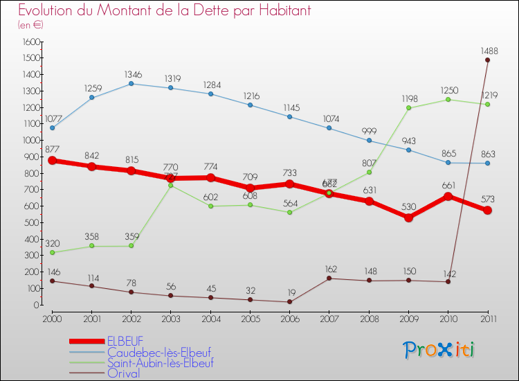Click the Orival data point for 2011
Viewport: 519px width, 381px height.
click(487, 60)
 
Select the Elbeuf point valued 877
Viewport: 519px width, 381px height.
click(52, 161)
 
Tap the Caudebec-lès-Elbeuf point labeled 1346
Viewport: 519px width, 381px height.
click(131, 84)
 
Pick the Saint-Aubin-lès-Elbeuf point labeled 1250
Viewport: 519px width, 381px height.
click(448, 100)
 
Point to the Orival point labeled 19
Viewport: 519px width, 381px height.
click(289, 301)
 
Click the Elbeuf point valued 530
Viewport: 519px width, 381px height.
click(408, 218)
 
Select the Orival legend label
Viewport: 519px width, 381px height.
click(123, 373)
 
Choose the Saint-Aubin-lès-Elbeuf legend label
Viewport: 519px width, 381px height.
click(160, 363)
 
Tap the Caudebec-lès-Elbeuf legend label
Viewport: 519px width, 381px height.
click(159, 352)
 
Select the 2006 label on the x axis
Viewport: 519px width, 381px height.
click(289, 318)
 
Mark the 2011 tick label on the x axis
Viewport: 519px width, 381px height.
click(487, 318)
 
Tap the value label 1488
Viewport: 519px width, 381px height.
click(489, 51)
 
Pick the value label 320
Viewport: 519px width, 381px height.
click(51, 243)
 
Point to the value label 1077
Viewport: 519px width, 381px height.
click(54, 118)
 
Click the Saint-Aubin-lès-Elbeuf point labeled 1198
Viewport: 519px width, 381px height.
click(408, 108)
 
